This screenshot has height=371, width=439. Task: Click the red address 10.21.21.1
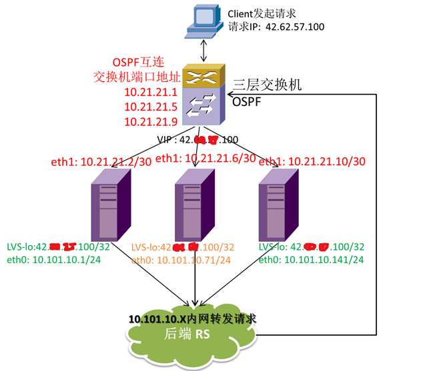pos(150,93)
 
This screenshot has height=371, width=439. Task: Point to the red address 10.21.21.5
pos(150,107)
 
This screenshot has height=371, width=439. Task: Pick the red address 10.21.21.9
pos(150,121)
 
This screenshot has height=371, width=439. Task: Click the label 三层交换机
pos(268,85)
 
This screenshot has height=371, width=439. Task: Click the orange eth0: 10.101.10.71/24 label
pos(180,259)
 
